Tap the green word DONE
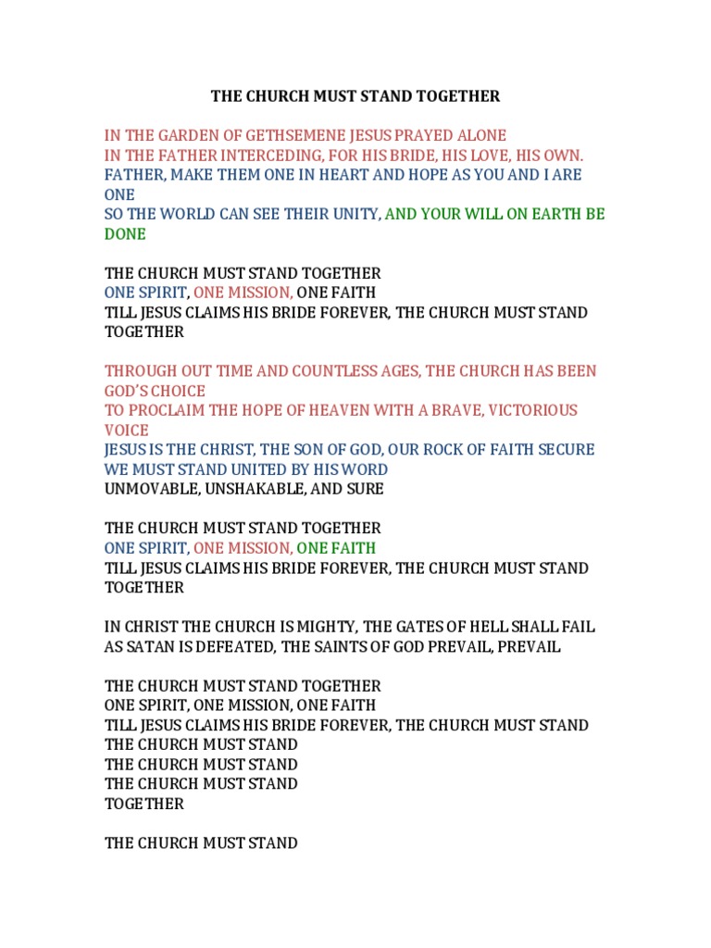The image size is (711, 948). pos(125,234)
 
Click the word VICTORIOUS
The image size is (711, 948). pos(532,410)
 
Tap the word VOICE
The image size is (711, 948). pos(126,430)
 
